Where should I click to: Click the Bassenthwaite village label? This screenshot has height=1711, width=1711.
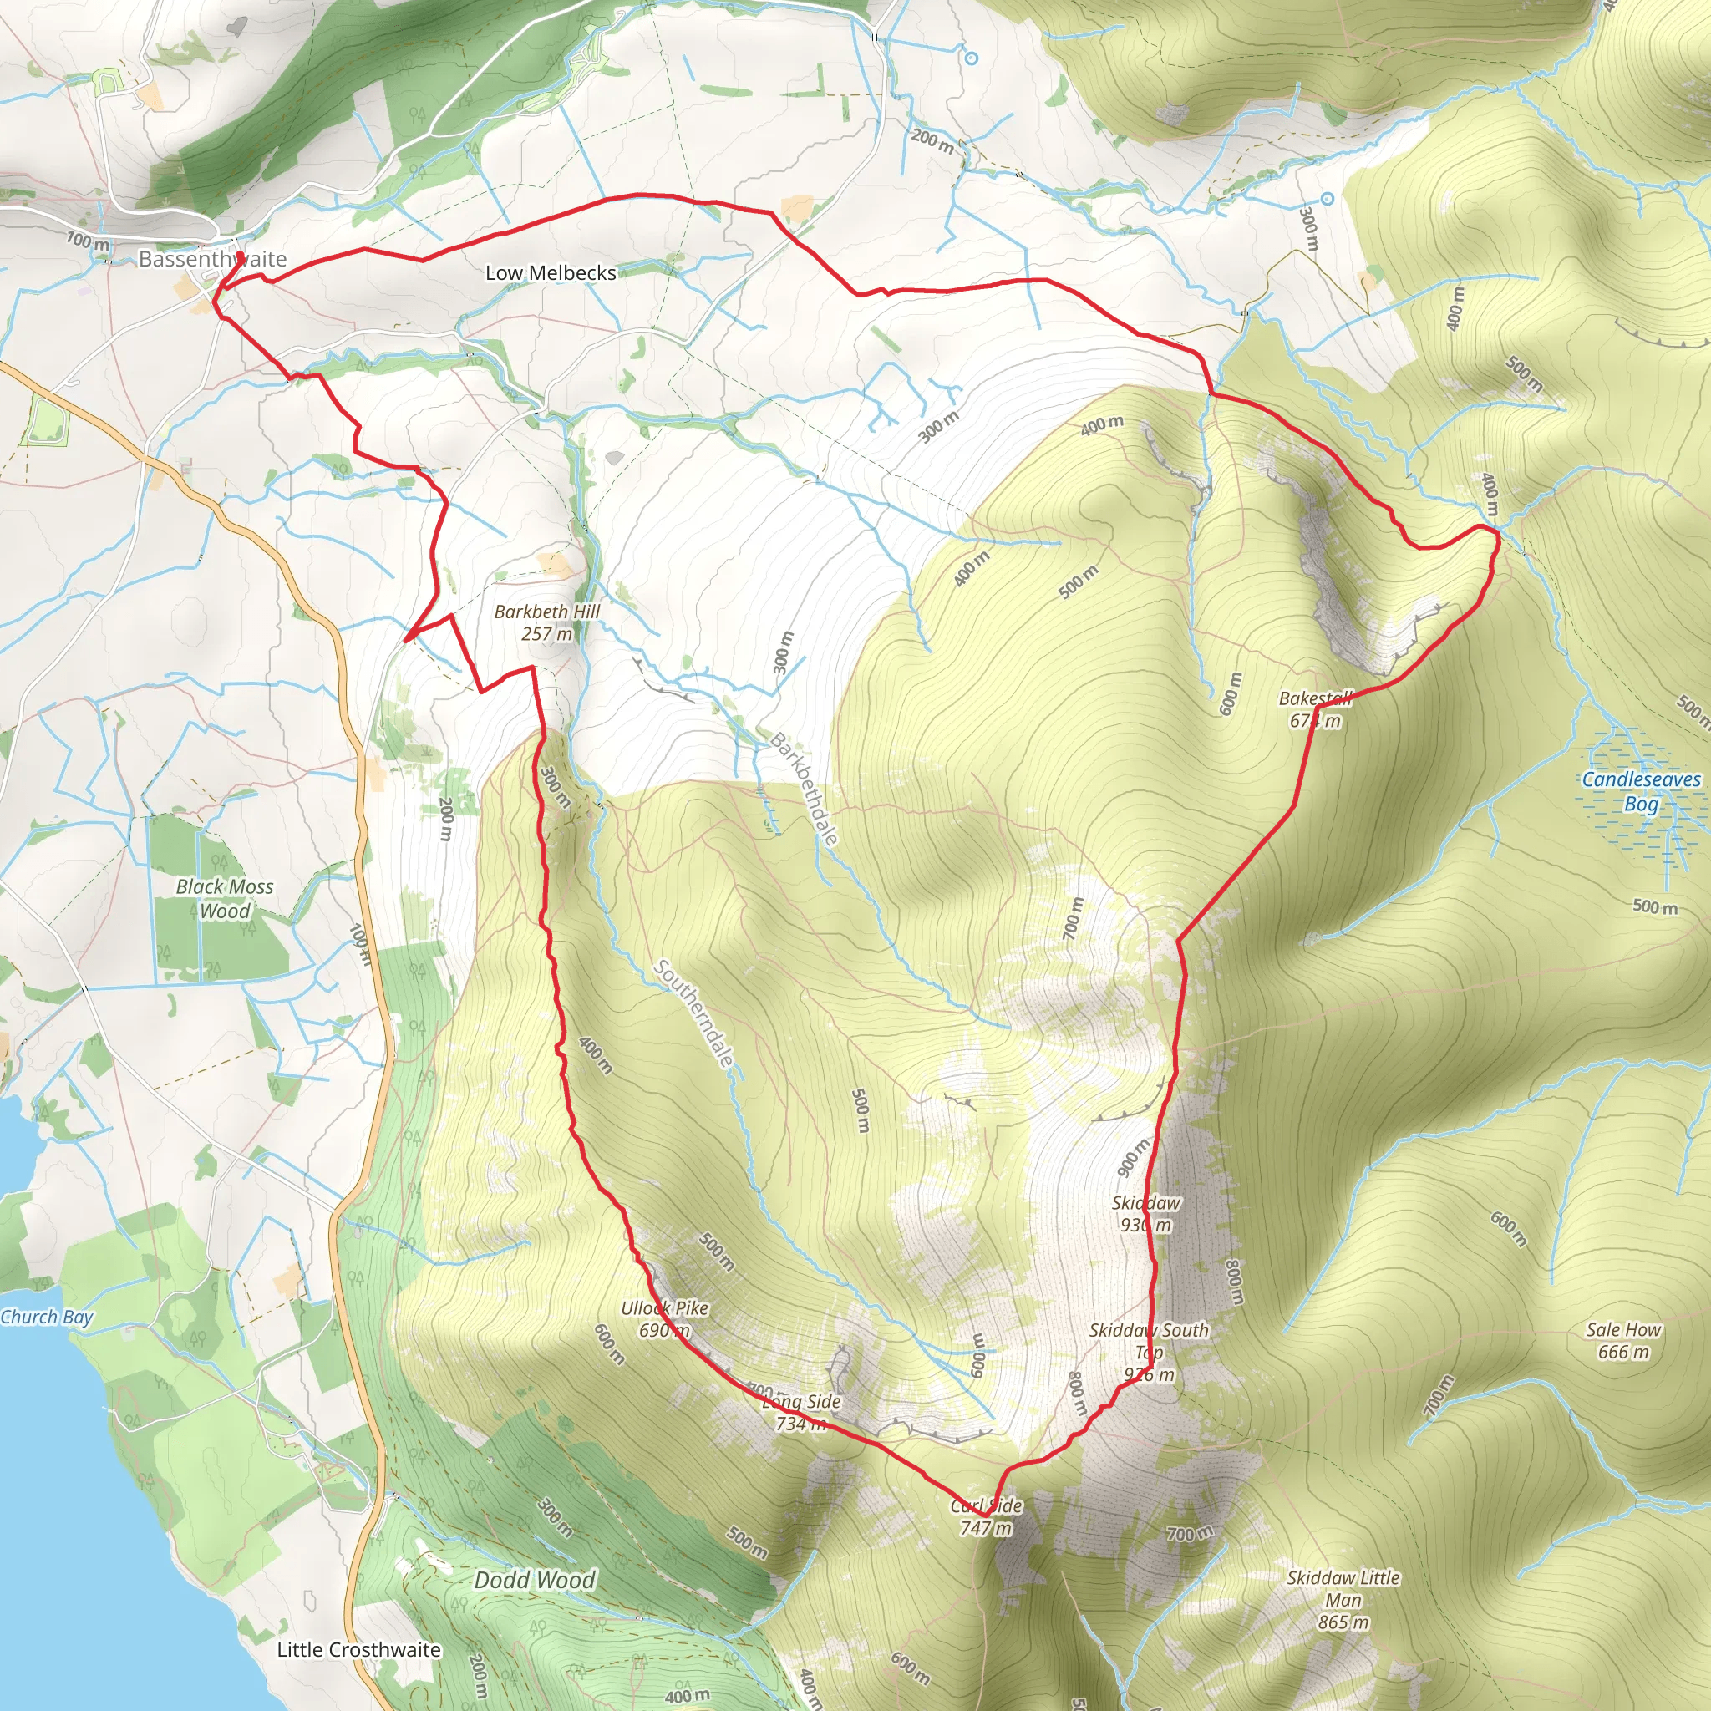[x=212, y=260]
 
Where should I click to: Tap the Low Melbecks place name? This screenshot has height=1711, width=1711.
[x=550, y=272]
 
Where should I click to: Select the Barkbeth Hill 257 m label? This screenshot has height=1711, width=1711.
[x=546, y=622]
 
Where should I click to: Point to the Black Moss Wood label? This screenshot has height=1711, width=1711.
[x=224, y=899]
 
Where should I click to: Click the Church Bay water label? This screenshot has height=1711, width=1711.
[x=46, y=1317]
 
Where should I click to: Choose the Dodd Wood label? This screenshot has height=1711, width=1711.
[x=534, y=1580]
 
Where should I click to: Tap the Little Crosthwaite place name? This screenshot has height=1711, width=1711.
[x=358, y=1650]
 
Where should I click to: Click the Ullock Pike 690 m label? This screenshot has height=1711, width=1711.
[x=664, y=1318]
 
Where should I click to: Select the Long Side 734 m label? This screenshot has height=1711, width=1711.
[x=801, y=1413]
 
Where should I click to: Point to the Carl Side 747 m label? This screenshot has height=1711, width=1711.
[x=986, y=1516]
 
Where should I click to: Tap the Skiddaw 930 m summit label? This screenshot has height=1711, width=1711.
[x=1146, y=1214]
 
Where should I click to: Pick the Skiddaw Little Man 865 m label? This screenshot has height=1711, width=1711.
[x=1343, y=1599]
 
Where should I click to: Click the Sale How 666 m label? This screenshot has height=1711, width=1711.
[x=1623, y=1341]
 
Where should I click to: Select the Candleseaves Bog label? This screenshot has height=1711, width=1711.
[x=1641, y=792]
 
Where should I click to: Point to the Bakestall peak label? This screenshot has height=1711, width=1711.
[x=1315, y=709]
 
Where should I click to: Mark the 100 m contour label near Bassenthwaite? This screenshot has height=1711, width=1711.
[x=88, y=240]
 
